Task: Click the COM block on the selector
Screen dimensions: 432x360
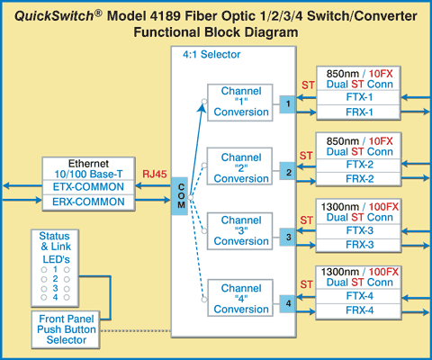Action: (x=180, y=196)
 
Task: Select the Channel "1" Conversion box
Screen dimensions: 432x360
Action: (x=240, y=103)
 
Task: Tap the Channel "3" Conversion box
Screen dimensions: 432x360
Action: (x=240, y=231)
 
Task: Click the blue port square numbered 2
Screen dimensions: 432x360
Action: (x=287, y=171)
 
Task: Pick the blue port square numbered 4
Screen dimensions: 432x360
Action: (x=287, y=304)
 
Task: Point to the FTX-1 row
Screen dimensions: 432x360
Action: (x=358, y=97)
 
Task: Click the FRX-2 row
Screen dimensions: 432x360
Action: (x=358, y=179)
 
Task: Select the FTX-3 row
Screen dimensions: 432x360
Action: (x=358, y=230)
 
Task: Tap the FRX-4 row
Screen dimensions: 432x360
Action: (x=358, y=310)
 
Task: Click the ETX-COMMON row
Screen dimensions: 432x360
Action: (x=88, y=187)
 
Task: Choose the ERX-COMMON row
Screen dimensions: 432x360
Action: (x=88, y=202)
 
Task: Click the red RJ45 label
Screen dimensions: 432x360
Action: (x=155, y=174)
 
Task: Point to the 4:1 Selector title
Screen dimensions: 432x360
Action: (x=211, y=55)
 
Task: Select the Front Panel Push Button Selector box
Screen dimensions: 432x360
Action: (x=66, y=329)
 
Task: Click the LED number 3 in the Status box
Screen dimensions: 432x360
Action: (x=55, y=288)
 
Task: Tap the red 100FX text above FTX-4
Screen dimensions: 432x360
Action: (x=383, y=272)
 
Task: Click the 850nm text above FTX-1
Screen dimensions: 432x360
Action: (x=343, y=74)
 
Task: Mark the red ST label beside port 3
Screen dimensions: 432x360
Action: (x=306, y=220)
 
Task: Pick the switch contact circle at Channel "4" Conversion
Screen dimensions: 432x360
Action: (x=204, y=299)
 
